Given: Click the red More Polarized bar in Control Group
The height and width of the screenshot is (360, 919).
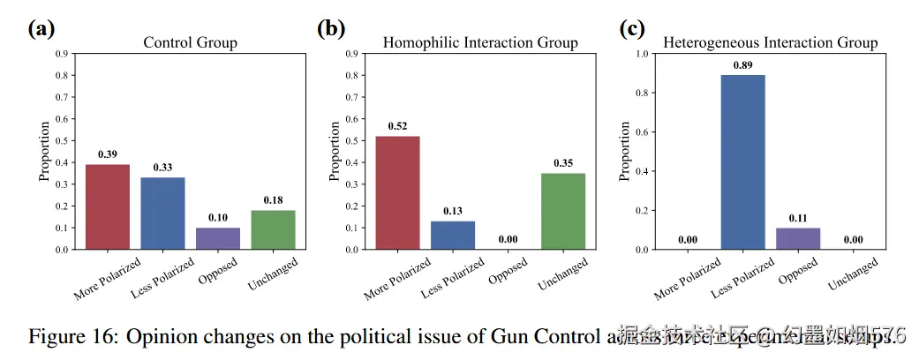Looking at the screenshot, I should tap(108, 206).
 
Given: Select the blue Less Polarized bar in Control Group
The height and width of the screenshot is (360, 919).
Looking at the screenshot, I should tap(162, 213).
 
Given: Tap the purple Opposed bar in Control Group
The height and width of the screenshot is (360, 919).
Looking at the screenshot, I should tap(217, 238).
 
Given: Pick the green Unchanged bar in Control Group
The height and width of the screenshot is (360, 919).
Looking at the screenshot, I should tap(272, 229).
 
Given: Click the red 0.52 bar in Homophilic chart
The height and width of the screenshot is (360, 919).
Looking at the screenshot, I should tap(398, 192).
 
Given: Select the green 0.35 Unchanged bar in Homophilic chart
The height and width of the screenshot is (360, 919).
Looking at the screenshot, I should tap(562, 211).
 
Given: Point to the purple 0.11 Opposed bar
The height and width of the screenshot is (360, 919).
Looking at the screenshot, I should tap(798, 238).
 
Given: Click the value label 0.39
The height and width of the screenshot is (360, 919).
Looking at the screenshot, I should tap(108, 154).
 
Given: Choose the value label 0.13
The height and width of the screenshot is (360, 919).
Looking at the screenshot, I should tap(453, 211).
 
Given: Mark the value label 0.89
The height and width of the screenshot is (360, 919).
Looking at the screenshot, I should tap(743, 64).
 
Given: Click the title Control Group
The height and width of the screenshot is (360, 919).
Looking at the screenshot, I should tap(190, 42).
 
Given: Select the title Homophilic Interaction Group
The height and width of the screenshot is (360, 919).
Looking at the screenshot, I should tap(480, 42).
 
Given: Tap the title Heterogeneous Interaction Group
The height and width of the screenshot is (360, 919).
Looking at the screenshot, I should tap(770, 42).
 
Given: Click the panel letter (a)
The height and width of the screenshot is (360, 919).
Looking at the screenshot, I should tap(41, 28).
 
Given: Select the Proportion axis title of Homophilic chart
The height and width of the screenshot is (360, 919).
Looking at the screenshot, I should tap(335, 151).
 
